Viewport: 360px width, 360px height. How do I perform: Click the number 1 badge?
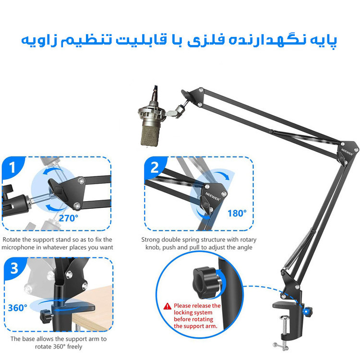(x=12, y=167)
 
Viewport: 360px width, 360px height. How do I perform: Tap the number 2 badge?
(x=155, y=167)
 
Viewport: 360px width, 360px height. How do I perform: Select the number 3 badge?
(x=14, y=268)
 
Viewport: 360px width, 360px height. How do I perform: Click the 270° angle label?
(x=69, y=218)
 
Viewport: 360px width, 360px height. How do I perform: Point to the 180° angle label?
(x=237, y=213)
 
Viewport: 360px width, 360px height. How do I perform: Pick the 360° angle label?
(x=17, y=308)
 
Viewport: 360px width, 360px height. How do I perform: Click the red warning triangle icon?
(x=168, y=306)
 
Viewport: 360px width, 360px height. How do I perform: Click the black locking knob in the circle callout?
(x=205, y=283)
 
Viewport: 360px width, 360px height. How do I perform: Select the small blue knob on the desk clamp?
(x=307, y=312)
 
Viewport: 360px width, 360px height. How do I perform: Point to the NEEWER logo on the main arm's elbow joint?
(x=347, y=152)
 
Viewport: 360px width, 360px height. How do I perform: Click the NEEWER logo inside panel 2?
(x=212, y=196)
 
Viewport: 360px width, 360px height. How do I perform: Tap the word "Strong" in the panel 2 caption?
(x=150, y=240)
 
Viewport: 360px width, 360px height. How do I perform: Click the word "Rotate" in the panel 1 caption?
(x=12, y=240)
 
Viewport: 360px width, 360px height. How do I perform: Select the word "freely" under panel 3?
(x=74, y=347)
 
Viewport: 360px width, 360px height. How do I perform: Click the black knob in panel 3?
(x=46, y=316)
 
